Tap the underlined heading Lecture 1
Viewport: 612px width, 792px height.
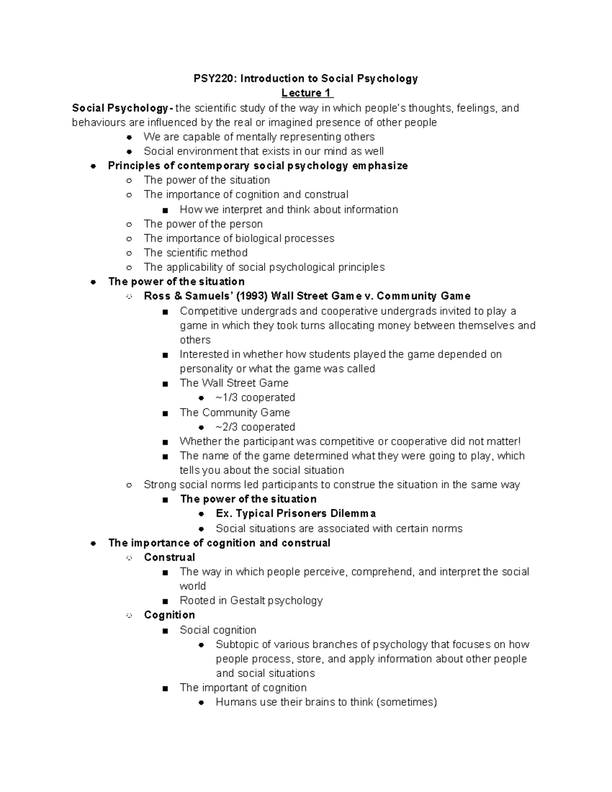click(x=307, y=93)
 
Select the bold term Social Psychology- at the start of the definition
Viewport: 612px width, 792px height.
click(x=122, y=108)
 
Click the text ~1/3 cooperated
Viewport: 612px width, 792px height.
click(x=255, y=397)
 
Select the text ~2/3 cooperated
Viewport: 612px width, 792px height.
click(x=255, y=427)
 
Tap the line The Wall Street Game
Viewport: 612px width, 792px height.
click(x=234, y=383)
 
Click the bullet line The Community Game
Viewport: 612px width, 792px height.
click(x=235, y=413)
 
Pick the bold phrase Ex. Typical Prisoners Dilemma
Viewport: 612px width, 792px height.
click(x=296, y=514)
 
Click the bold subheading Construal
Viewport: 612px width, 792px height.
click(x=169, y=557)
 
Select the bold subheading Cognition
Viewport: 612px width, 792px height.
click(x=169, y=615)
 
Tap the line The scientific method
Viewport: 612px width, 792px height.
click(x=196, y=253)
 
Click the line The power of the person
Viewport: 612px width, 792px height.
click(x=203, y=224)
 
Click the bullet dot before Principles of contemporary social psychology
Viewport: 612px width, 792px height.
click(x=93, y=166)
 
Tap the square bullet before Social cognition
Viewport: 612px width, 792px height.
click(x=164, y=631)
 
